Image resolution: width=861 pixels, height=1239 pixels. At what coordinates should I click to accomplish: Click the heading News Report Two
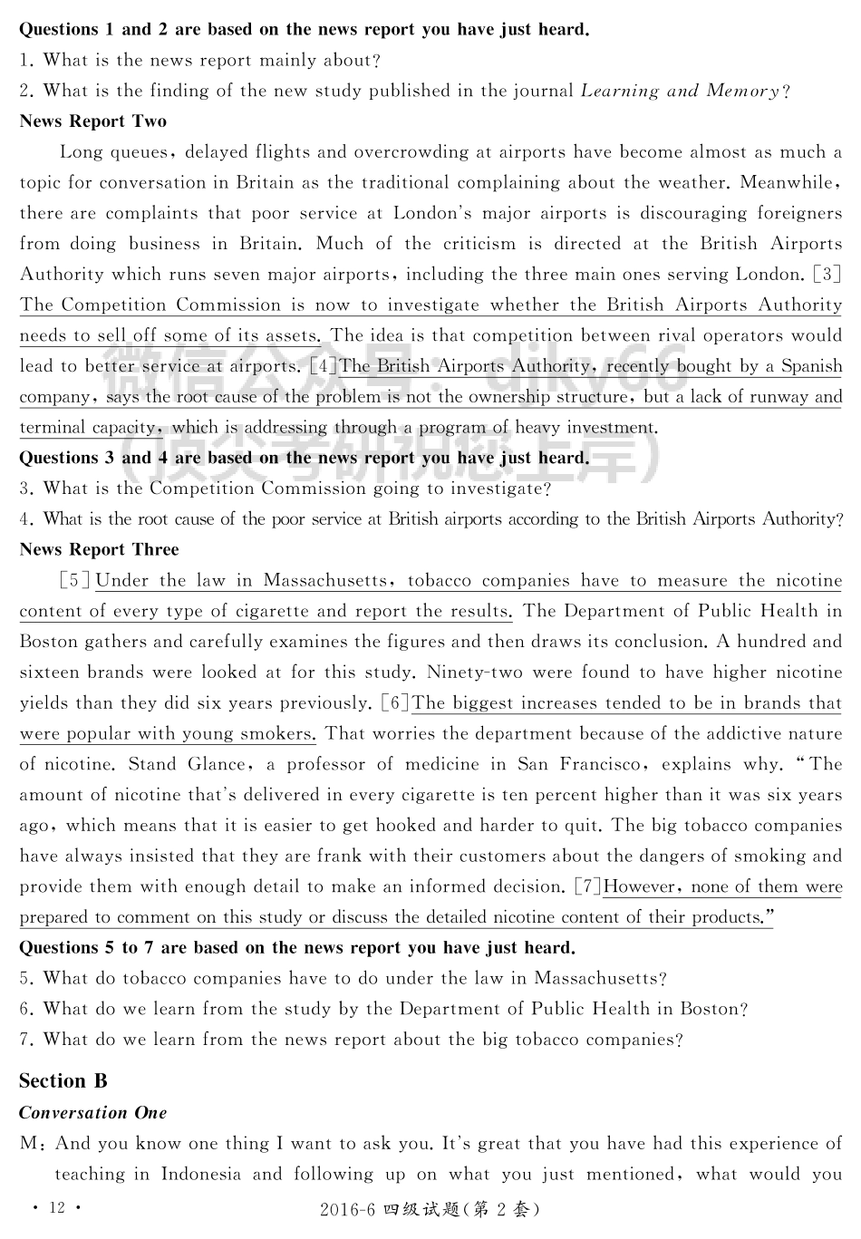click(92, 121)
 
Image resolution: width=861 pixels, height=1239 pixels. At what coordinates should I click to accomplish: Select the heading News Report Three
click(99, 549)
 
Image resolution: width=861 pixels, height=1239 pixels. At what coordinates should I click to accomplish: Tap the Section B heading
click(63, 1080)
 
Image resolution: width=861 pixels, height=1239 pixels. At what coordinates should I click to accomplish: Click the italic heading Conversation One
click(92, 1112)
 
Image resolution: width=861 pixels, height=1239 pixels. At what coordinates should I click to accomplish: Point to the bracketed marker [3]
click(827, 274)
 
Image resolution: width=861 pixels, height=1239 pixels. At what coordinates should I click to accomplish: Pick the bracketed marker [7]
click(587, 886)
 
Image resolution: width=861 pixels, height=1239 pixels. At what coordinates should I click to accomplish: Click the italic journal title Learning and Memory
click(680, 91)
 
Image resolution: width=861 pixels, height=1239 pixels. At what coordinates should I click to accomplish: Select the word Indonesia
click(201, 1174)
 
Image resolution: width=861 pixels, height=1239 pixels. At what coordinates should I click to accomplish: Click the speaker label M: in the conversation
click(34, 1144)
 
